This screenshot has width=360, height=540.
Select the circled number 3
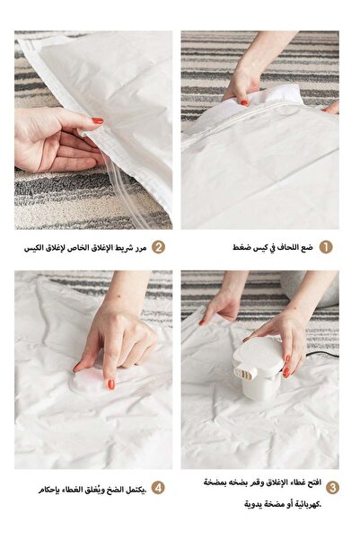coord(332,488)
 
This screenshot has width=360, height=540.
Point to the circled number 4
coord(158,488)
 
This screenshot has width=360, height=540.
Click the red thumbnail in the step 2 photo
coord(97,120)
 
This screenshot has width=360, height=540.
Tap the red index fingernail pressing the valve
coord(111,384)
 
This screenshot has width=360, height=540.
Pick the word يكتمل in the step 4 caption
coord(136,489)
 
